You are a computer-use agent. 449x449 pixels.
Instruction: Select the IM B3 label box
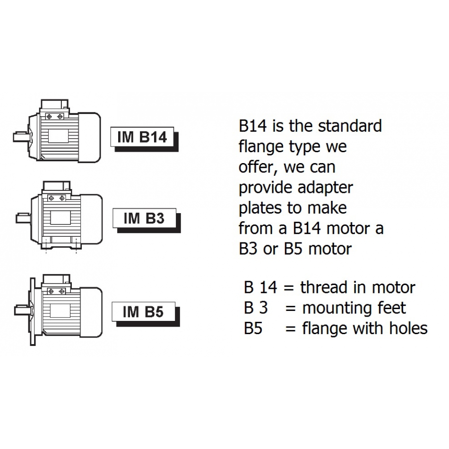pyautogui.click(x=144, y=218)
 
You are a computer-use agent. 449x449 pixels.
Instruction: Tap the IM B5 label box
pyautogui.click(x=143, y=312)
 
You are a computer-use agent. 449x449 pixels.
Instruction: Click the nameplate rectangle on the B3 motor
pyautogui.click(x=60, y=218)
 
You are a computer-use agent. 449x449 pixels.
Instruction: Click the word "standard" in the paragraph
pyautogui.click(x=350, y=126)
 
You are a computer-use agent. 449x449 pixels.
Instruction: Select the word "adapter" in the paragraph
pyautogui.click(x=325, y=188)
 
